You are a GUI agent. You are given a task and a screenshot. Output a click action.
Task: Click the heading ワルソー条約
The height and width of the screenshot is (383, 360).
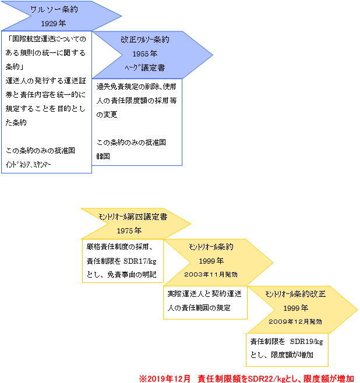(x=54, y=9)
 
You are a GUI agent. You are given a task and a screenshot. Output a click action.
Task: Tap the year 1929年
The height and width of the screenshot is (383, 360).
(x=53, y=23)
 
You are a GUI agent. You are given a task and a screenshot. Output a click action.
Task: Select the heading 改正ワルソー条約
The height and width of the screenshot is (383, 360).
(x=145, y=40)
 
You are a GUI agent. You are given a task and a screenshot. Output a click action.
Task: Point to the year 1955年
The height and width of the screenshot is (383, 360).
(x=144, y=54)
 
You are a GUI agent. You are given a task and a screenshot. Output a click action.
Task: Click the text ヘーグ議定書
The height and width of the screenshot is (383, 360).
(x=145, y=68)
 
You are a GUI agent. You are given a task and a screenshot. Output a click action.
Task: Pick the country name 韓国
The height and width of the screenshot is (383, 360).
(x=103, y=157)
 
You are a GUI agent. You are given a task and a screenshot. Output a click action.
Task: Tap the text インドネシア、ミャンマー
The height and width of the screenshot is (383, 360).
(x=28, y=165)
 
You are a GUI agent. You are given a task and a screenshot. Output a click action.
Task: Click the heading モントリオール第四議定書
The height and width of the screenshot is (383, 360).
(x=133, y=217)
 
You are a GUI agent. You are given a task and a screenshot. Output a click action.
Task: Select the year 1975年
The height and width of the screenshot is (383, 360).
(x=129, y=230)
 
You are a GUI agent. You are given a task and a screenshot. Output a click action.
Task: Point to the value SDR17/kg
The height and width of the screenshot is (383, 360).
(x=140, y=261)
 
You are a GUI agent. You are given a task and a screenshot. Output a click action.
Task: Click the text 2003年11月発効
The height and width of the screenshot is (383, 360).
(x=211, y=274)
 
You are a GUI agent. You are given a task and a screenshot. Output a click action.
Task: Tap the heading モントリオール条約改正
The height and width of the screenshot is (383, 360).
(x=295, y=294)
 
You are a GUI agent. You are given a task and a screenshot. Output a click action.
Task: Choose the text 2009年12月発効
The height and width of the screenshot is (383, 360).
(x=295, y=321)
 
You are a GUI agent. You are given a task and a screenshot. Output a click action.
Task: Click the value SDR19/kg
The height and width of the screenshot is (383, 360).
(x=306, y=342)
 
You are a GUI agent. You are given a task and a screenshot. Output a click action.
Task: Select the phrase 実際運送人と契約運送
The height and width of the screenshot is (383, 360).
(x=204, y=294)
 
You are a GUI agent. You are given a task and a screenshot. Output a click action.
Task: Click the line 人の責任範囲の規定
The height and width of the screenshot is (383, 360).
(x=199, y=308)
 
